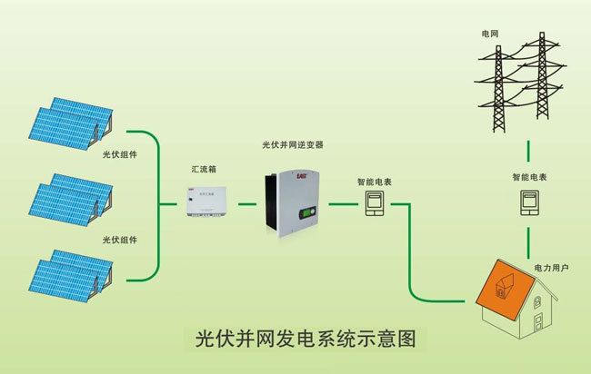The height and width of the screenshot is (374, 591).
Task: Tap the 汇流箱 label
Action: [x=201, y=170]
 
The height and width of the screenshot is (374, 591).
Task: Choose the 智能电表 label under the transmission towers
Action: [x=528, y=178]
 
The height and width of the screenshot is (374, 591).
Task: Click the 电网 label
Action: [x=491, y=34]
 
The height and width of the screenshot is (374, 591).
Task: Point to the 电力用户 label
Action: [x=551, y=269]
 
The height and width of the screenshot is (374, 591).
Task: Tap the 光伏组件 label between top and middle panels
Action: [x=119, y=155]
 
